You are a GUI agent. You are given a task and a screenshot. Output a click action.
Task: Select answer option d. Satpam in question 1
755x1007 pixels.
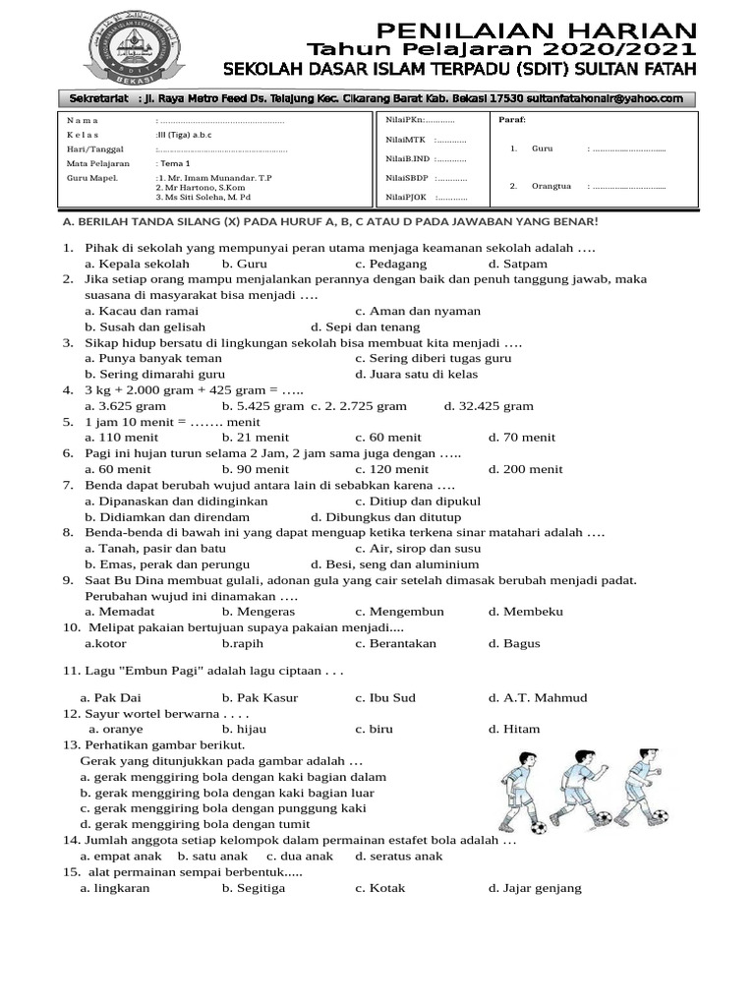pyautogui.click(x=518, y=264)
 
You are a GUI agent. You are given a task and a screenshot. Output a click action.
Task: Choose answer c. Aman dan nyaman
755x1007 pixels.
pyautogui.click(x=418, y=311)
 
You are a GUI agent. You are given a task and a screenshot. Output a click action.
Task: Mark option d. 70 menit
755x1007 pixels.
pyautogui.click(x=521, y=437)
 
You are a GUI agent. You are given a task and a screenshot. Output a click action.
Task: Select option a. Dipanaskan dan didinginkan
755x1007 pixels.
pyautogui.click(x=176, y=501)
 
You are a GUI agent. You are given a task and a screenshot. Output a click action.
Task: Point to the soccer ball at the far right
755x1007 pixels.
pyautogui.click(x=659, y=815)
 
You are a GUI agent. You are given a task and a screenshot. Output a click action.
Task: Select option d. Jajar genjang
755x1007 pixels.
pyautogui.click(x=535, y=888)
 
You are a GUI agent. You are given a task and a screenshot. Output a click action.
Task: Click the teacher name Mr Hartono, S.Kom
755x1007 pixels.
pyautogui.click(x=200, y=187)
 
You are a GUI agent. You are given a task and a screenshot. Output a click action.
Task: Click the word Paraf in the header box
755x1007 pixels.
pyautogui.click(x=512, y=120)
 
